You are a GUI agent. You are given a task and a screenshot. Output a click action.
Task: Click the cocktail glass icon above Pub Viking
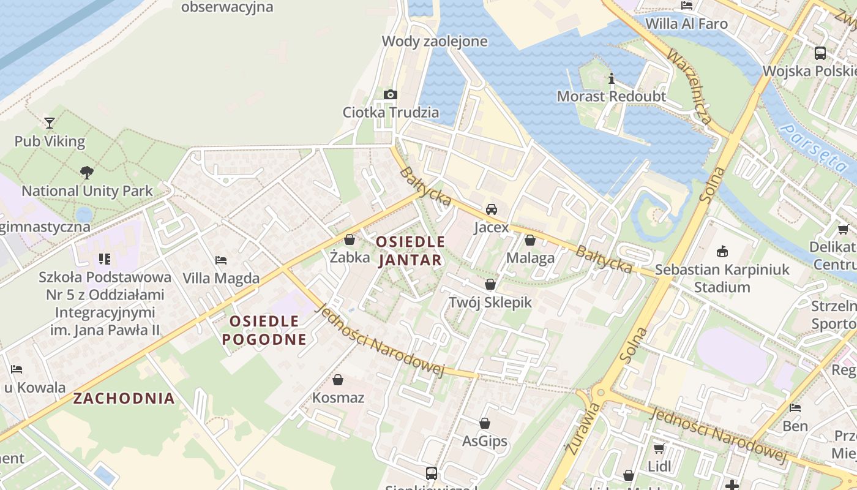[x=50, y=123]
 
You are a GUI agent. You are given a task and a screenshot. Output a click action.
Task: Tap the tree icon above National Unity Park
[x=87, y=173]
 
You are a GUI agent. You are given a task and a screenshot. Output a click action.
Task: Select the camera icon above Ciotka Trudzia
[x=391, y=94]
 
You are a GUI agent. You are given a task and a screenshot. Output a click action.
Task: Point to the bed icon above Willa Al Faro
[x=687, y=6]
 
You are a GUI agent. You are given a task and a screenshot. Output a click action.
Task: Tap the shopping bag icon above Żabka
[x=350, y=239]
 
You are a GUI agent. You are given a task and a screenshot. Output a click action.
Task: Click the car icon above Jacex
[x=491, y=209]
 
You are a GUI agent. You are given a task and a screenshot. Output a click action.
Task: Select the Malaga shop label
[x=530, y=258]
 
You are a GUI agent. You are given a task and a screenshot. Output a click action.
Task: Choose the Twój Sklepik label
[x=490, y=302]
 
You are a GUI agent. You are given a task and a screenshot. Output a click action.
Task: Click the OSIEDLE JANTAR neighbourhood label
[x=410, y=251]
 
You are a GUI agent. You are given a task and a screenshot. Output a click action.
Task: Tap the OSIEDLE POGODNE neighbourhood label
[x=264, y=330]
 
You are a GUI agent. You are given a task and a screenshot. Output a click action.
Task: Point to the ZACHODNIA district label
[x=124, y=398]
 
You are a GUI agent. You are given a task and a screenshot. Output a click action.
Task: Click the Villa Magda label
[x=221, y=278]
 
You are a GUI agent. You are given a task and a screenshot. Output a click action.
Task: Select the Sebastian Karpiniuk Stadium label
[x=722, y=278]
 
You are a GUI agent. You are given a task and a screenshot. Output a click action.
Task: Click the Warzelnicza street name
[x=689, y=86]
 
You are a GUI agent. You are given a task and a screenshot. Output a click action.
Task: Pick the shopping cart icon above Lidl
[x=659, y=448]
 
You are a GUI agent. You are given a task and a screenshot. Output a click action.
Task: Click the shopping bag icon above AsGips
[x=485, y=423]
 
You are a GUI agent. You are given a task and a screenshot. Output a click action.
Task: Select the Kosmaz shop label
[x=338, y=398]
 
